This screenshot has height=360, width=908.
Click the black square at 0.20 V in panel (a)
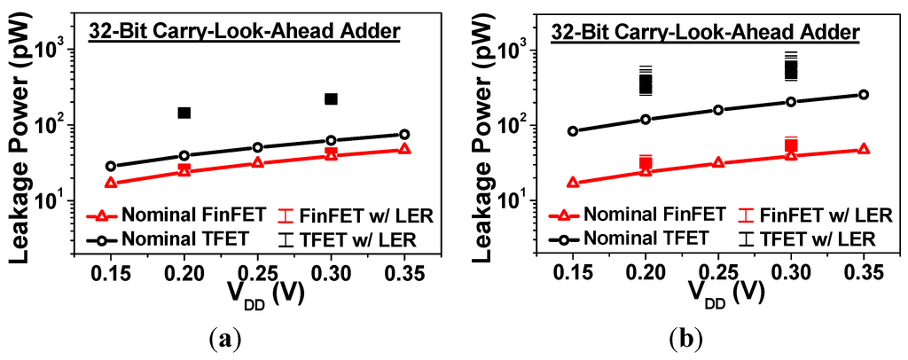[184, 113]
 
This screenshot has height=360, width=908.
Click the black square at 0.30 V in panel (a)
[331, 98]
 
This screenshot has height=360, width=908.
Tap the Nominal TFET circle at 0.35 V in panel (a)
[404, 135]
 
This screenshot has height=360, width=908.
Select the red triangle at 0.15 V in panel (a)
[111, 183]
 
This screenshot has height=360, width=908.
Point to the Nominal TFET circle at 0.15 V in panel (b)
[573, 131]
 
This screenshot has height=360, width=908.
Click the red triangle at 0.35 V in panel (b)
[864, 149]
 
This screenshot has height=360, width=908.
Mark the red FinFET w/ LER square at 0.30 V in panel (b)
[791, 145]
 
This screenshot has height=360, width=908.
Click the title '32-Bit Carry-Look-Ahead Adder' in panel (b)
[704, 34]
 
